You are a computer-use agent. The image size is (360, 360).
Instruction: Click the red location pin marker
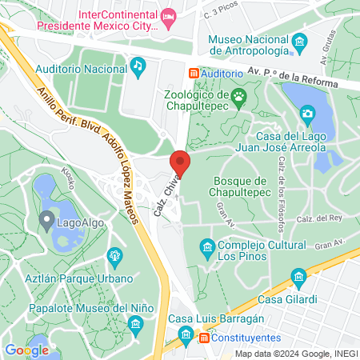180,162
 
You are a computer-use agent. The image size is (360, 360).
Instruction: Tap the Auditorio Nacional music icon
138,64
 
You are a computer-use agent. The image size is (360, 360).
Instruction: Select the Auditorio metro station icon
193,72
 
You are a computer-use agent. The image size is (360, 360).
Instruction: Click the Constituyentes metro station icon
204,338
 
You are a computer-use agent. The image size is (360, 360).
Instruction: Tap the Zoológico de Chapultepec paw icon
238,98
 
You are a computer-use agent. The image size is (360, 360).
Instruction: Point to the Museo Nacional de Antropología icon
299,41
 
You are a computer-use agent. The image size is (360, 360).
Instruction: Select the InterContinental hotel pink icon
168,15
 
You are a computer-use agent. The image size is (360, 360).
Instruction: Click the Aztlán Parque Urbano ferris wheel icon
114,256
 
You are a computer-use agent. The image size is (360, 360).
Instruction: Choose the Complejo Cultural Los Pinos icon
208,246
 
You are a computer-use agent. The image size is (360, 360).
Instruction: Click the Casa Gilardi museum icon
299,278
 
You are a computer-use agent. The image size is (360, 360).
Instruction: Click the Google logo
26,350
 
